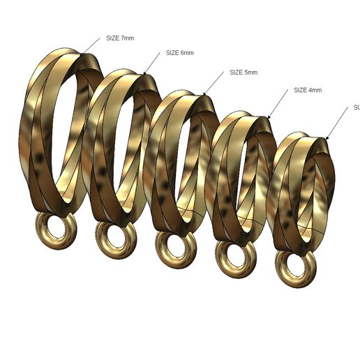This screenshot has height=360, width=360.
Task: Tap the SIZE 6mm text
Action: pyautogui.click(x=179, y=53)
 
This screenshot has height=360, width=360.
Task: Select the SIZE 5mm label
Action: pyautogui.click(x=243, y=73)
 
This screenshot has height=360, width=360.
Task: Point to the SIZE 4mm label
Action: pyautogui.click(x=307, y=90)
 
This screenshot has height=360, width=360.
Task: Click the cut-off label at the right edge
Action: pyautogui.click(x=356, y=107)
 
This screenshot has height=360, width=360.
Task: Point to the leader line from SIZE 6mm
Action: pyautogui.click(x=153, y=63)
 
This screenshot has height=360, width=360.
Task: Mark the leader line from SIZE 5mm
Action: pyautogui.click(x=216, y=82)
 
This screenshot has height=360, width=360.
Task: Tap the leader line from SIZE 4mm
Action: pyautogui.click(x=278, y=103)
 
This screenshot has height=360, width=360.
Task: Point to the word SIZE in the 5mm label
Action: pyautogui.click(x=237, y=73)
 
